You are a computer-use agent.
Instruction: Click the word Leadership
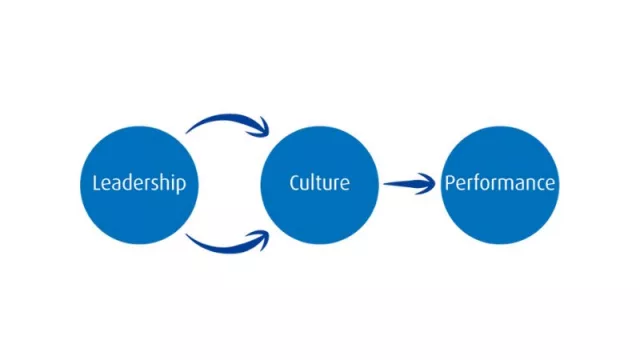click(x=139, y=184)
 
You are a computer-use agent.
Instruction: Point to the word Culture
click(x=319, y=183)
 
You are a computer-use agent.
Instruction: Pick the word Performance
click(x=500, y=184)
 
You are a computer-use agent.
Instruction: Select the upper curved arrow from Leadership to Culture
click(x=225, y=121)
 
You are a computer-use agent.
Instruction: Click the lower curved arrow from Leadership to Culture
click(x=225, y=245)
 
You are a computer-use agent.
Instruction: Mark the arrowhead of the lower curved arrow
click(x=263, y=237)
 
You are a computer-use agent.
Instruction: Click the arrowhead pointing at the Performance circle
click(x=428, y=184)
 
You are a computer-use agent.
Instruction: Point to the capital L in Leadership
click(x=96, y=183)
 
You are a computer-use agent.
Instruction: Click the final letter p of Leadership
click(x=181, y=186)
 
